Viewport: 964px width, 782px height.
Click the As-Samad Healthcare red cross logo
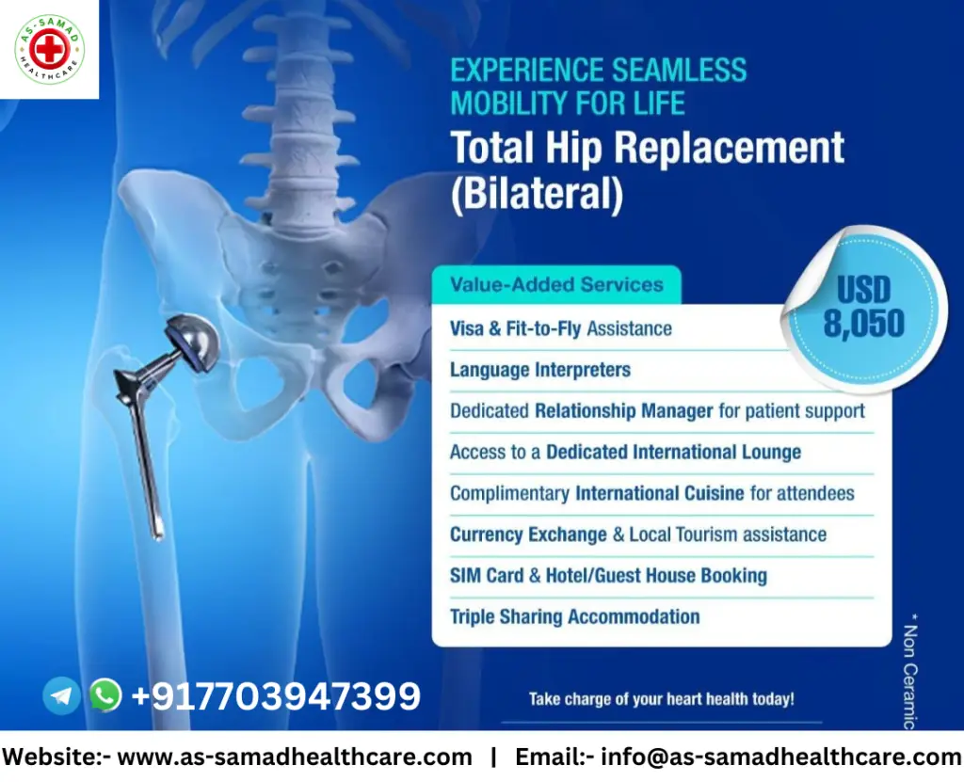[x=49, y=49]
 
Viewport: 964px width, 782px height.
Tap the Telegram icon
[x=61, y=695]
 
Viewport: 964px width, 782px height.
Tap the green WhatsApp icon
[x=105, y=694]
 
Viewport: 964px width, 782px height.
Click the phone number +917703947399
[x=276, y=695]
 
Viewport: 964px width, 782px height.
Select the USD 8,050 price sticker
[x=864, y=309]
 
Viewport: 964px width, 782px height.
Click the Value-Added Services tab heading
[x=556, y=284]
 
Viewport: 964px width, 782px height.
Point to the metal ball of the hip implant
[x=193, y=343]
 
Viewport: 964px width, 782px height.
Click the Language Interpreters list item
[x=540, y=370]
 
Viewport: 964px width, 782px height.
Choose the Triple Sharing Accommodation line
[x=575, y=616]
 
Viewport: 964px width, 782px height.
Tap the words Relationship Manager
[x=623, y=410]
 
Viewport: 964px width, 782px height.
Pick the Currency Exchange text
[x=528, y=535]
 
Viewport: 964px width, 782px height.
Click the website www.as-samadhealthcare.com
[x=295, y=757]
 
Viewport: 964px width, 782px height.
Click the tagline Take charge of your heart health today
[x=662, y=699]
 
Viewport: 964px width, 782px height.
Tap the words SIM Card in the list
[x=487, y=575]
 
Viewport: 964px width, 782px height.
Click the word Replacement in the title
[x=729, y=148]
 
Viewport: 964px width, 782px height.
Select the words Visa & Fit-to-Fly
[x=515, y=329]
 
